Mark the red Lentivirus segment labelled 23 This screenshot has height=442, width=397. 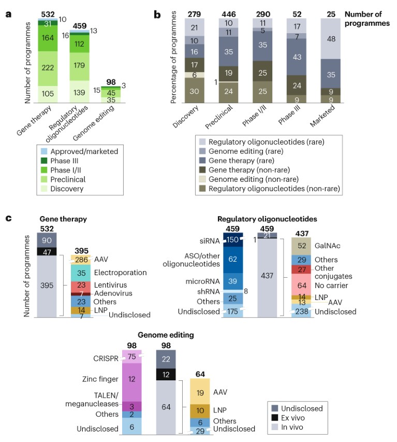[x=81, y=284]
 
